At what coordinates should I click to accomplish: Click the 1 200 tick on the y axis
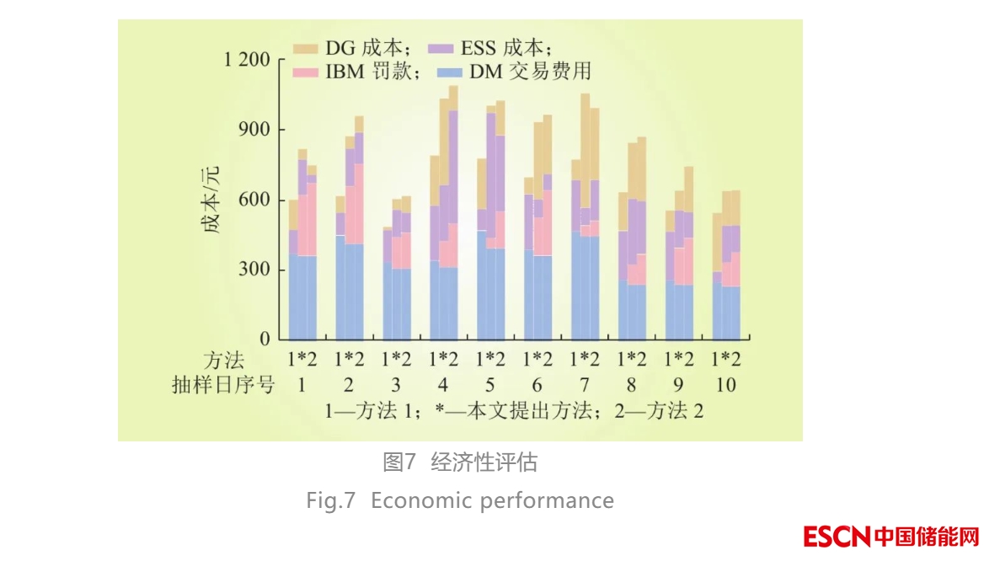[x=246, y=60]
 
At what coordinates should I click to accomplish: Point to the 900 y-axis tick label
[x=254, y=130]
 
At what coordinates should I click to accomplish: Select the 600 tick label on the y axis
[x=254, y=200]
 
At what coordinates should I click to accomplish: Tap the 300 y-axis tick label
[x=254, y=270]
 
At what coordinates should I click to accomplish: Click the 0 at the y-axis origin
[x=265, y=339]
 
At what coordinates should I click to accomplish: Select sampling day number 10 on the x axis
[x=725, y=386]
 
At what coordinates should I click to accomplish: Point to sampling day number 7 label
[x=585, y=386]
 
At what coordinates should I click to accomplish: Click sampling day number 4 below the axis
[x=443, y=386]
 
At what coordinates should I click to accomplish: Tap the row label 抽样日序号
[x=222, y=386]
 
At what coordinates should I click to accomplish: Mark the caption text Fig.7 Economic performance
[x=459, y=500]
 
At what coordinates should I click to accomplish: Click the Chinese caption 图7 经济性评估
[x=459, y=462]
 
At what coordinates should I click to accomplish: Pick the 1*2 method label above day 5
[x=490, y=361]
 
